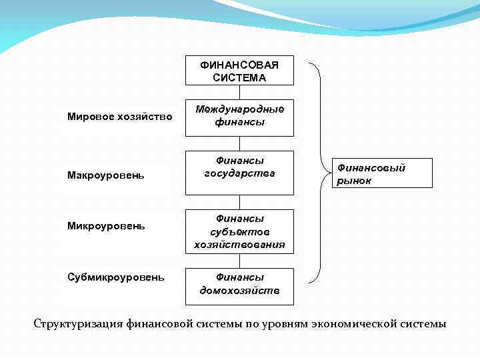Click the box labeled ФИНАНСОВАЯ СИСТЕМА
pyautogui.click(x=239, y=70)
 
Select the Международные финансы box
pyautogui.click(x=239, y=115)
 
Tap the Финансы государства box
pyautogui.click(x=239, y=172)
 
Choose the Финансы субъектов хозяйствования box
pyautogui.click(x=239, y=231)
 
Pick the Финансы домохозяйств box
pyautogui.click(x=239, y=283)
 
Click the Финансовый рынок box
pyautogui.click(x=381, y=173)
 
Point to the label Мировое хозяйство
pyautogui.click(x=119, y=117)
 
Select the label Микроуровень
pyautogui.click(x=106, y=226)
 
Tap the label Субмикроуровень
pyautogui.click(x=115, y=277)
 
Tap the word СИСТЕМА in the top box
pyautogui.click(x=239, y=77)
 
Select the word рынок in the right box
pyautogui.click(x=354, y=181)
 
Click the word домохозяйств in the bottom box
pyautogui.click(x=239, y=291)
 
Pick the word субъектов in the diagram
pyautogui.click(x=239, y=231)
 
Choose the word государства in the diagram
pyautogui.click(x=239, y=174)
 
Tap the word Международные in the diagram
pyautogui.click(x=239, y=109)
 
